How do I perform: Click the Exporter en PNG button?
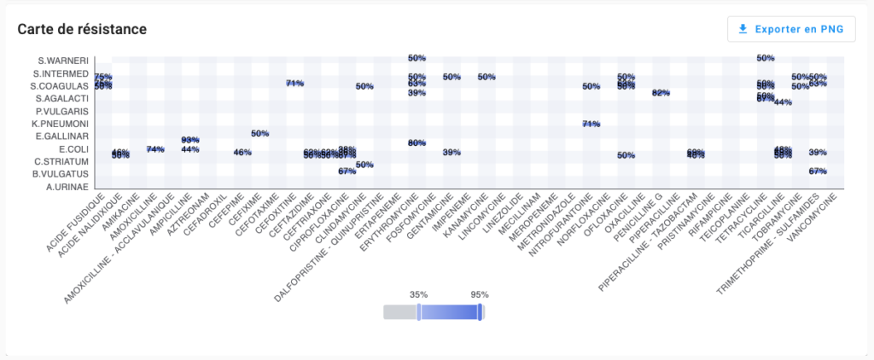791,29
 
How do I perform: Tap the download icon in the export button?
743,29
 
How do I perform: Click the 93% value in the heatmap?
190,139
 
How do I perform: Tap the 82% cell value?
661,93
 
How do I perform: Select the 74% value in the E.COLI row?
155,149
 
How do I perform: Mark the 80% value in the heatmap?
417,142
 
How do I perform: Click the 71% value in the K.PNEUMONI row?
591,124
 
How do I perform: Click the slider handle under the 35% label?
419,313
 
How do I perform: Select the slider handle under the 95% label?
481,313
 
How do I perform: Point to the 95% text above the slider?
480,294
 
